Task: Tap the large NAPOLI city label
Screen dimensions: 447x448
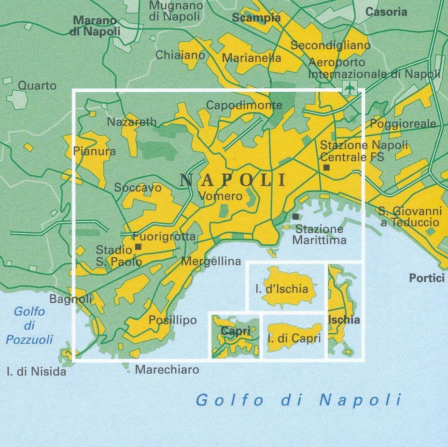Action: (x=233, y=180)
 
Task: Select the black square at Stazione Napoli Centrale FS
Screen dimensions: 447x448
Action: (x=326, y=168)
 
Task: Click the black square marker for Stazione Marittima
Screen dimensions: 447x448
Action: (x=295, y=217)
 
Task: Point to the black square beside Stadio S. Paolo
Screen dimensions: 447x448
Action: (x=138, y=247)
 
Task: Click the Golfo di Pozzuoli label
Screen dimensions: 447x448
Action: (x=29, y=325)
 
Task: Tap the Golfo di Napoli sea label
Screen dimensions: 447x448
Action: (x=298, y=400)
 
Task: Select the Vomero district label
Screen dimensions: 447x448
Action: (x=220, y=196)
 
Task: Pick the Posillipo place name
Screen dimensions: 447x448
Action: (x=172, y=320)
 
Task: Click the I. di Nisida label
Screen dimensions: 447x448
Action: (x=36, y=372)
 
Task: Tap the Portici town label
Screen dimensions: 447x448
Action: (x=426, y=278)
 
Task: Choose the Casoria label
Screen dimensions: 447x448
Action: (x=386, y=12)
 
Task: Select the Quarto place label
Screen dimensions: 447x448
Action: (x=37, y=85)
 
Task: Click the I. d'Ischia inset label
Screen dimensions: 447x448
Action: (x=281, y=289)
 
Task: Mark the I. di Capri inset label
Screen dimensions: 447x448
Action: (x=294, y=339)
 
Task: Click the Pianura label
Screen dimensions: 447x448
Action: (x=94, y=151)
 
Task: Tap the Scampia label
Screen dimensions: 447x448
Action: (x=256, y=18)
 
